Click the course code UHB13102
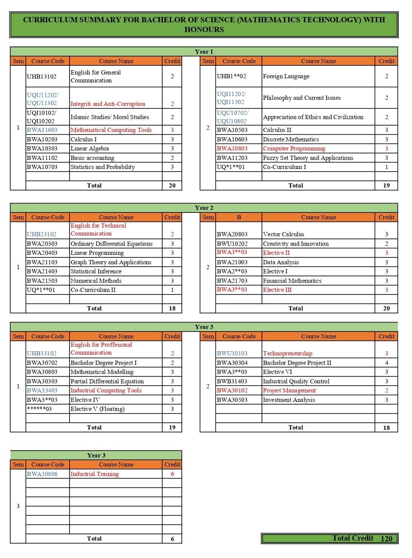tap(42, 77)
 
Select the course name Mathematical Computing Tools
tap(111, 130)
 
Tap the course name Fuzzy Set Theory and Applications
tap(308, 158)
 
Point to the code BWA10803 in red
tap(232, 149)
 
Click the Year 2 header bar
tap(204, 208)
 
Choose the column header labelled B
tap(239, 217)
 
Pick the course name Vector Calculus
tap(283, 234)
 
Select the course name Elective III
tap(277, 290)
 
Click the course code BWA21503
tap(42, 281)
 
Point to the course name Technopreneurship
tap(288, 353)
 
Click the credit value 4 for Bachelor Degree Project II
tap(386, 363)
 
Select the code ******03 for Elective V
tap(39, 409)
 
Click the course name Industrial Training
tap(94, 474)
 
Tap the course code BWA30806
tap(42, 474)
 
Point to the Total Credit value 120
tap(386, 539)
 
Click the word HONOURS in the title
tap(204, 30)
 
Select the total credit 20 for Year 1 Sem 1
tap(172, 186)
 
